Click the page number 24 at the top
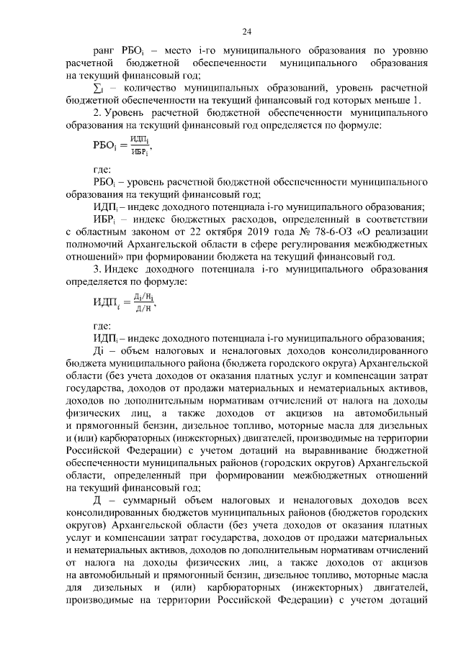pyautogui.click(x=246, y=31)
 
